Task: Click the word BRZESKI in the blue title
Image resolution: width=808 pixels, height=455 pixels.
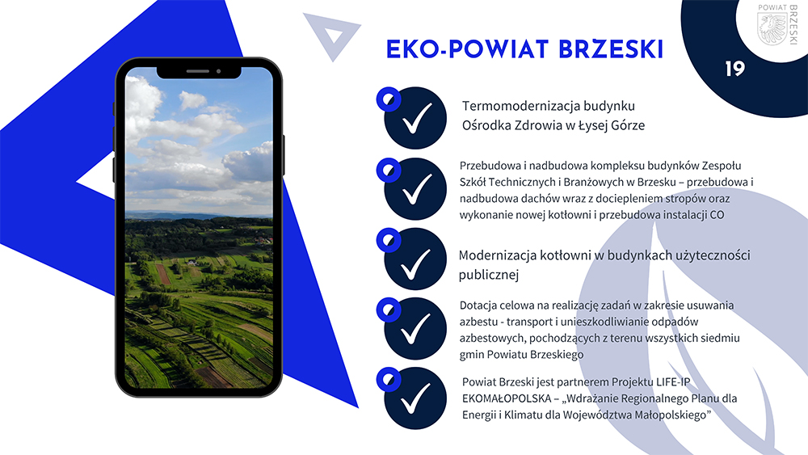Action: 611,49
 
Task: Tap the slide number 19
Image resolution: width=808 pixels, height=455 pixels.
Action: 734,69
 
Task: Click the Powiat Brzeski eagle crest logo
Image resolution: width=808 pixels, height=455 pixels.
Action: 772,28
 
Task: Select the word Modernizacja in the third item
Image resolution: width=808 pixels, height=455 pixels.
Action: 497,255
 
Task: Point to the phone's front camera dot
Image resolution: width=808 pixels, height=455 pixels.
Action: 218,71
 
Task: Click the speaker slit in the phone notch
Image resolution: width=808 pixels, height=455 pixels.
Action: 197,71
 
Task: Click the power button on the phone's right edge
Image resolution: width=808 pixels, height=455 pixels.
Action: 284,155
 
